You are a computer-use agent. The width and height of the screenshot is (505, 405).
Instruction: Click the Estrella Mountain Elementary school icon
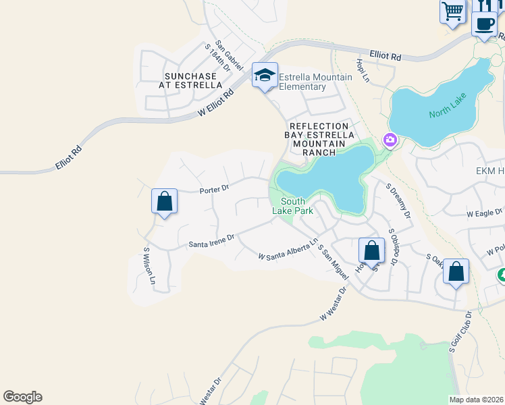pyautogui.click(x=265, y=75)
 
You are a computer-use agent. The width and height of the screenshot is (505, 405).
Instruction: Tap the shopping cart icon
pyautogui.click(x=453, y=11)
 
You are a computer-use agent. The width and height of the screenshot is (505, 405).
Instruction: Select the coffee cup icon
pyautogui.click(x=484, y=23)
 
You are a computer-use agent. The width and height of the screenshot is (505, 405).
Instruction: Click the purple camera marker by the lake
pyautogui.click(x=390, y=140)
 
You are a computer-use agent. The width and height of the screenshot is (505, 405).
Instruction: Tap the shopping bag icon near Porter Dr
pyautogui.click(x=164, y=201)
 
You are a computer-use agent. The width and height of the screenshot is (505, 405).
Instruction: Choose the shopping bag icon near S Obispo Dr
pyautogui.click(x=371, y=250)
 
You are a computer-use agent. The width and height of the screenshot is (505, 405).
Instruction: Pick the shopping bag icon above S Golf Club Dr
pyautogui.click(x=456, y=272)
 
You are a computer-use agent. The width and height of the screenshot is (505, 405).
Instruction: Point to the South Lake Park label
pyautogui.click(x=293, y=207)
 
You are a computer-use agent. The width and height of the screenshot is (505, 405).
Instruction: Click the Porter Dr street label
pyautogui.click(x=215, y=190)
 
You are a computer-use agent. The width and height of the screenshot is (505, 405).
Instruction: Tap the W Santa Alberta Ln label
pyautogui.click(x=288, y=249)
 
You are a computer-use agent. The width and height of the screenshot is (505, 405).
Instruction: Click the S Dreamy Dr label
pyautogui.click(x=398, y=201)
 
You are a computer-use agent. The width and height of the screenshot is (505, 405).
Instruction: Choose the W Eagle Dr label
pyautogui.click(x=485, y=213)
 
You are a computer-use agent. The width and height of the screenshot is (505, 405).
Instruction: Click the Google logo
pyautogui.click(x=22, y=397)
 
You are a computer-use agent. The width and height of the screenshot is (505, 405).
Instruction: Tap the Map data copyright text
pyautogui.click(x=477, y=400)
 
